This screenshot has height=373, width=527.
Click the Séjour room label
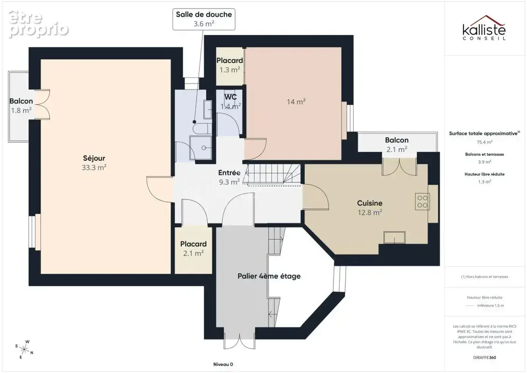point(94,158)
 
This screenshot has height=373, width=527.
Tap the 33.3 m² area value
point(94,167)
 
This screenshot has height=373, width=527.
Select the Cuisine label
point(370,203)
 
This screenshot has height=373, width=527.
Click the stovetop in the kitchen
point(423,201)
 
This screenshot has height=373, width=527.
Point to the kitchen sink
point(395,238)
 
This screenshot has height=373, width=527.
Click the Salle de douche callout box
point(204,19)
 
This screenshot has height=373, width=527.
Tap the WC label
point(230,97)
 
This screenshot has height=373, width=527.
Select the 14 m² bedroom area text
point(296,102)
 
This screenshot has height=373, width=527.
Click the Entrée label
point(229,173)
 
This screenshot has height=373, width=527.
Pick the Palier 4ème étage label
point(269,276)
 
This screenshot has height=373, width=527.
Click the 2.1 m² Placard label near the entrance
point(193,249)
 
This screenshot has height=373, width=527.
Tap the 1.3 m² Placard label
point(229,65)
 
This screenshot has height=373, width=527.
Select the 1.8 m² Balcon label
point(21,106)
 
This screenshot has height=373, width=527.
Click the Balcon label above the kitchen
point(397,140)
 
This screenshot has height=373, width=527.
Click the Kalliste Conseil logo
point(484,28)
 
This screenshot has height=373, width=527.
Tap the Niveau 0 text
point(223,364)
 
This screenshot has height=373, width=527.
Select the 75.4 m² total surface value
point(485,142)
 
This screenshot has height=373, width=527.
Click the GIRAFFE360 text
point(484,358)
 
